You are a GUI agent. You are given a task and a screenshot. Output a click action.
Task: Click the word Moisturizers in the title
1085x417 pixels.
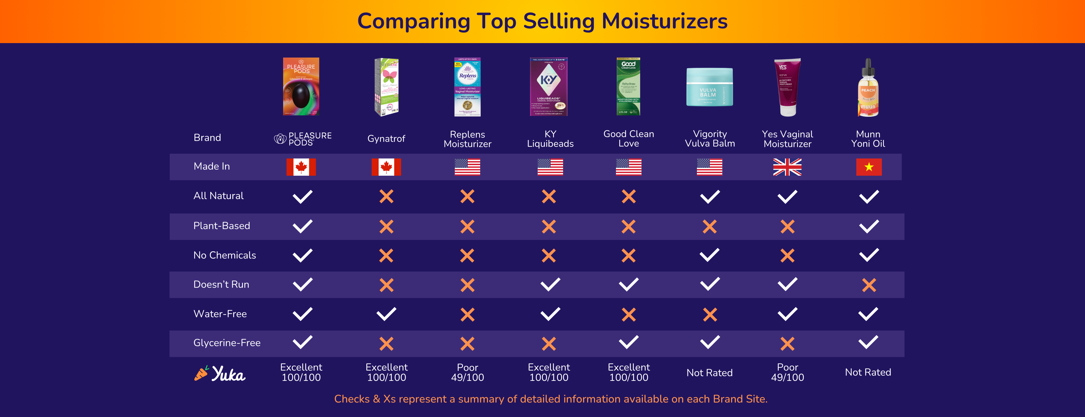point(664,21)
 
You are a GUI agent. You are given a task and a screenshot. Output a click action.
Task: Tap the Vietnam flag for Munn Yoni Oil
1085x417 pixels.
point(869,167)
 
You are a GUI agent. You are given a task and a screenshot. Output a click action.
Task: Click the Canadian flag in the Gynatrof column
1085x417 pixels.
point(386,167)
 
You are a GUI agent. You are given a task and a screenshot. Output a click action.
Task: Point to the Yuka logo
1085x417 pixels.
point(220,373)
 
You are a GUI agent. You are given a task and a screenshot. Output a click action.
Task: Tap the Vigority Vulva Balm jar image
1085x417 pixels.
point(709,87)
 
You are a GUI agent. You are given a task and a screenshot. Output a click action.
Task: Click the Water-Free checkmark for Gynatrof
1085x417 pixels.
point(386,314)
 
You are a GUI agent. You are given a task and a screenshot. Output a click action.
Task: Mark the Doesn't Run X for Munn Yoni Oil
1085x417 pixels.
point(869,285)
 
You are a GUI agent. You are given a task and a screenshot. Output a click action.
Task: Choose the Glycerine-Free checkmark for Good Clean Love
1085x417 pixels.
point(628,342)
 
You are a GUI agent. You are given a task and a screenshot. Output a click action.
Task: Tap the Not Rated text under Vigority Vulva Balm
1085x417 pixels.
point(709,373)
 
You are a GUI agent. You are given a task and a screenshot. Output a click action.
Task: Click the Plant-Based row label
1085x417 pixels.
point(221,226)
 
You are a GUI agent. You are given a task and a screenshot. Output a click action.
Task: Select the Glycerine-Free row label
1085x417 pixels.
point(227,343)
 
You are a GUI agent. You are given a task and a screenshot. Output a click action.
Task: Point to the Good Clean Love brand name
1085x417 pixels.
point(628,138)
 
